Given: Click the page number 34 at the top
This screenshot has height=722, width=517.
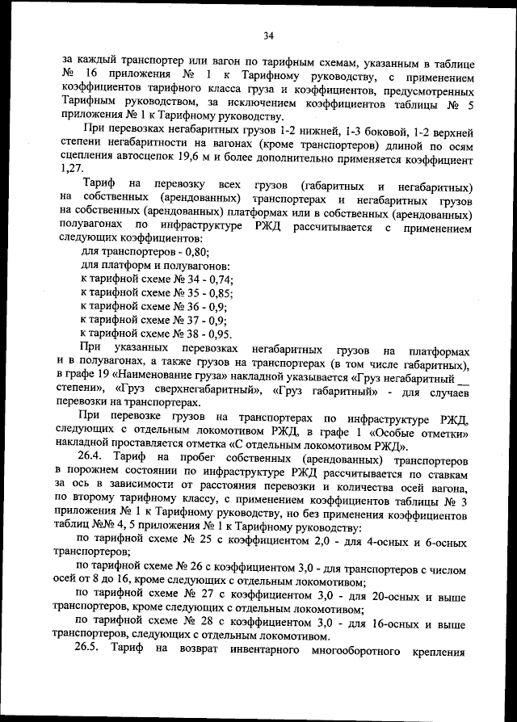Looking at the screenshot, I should point(269,35).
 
